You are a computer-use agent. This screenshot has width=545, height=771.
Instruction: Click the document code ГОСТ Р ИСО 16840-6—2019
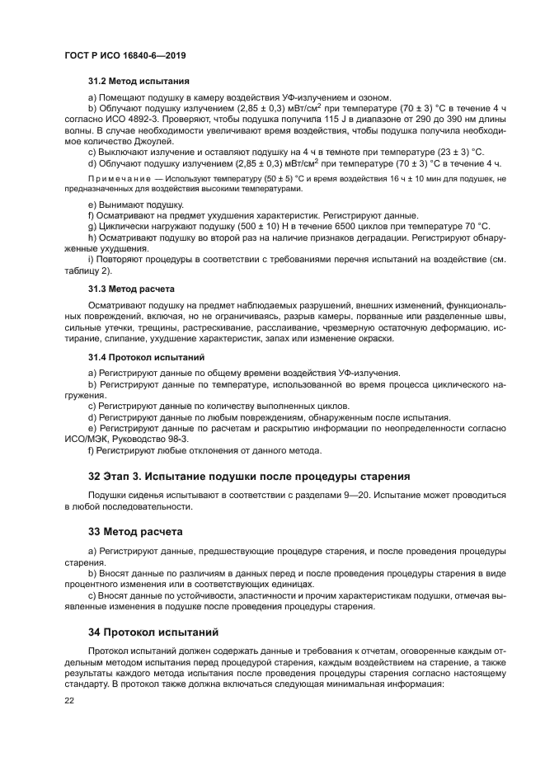point(125,55)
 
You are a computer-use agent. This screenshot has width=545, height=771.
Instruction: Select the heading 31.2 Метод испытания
point(139,82)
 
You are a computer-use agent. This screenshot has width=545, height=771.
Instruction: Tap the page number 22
point(70,702)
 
